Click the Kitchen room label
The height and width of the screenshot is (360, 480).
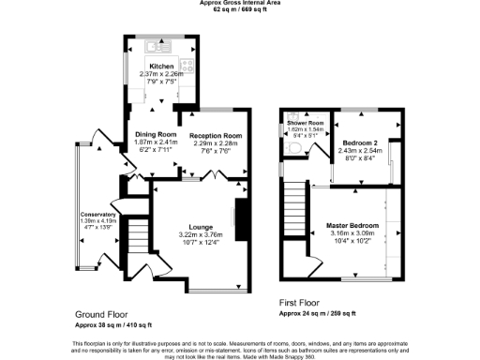(161, 67)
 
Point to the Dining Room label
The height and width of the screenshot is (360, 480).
(154, 135)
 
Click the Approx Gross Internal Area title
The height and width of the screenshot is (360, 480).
(242, 3)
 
